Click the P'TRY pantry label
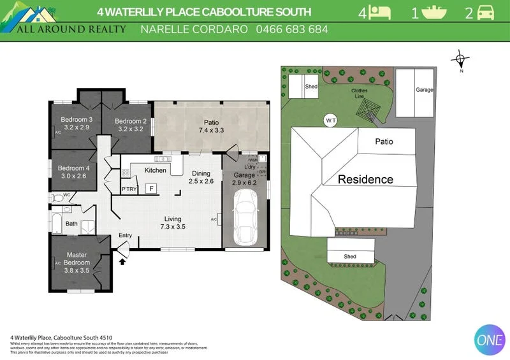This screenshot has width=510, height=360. (129, 189)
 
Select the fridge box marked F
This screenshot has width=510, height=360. (151, 189)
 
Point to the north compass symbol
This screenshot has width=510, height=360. (460, 61)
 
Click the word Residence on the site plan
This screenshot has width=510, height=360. (365, 179)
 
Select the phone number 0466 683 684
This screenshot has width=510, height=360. (292, 29)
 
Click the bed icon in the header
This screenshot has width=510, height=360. (381, 11)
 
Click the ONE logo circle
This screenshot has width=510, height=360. (490, 340)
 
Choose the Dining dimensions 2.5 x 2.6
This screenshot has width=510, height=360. (201, 181)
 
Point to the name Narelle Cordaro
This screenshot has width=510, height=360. (194, 29)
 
